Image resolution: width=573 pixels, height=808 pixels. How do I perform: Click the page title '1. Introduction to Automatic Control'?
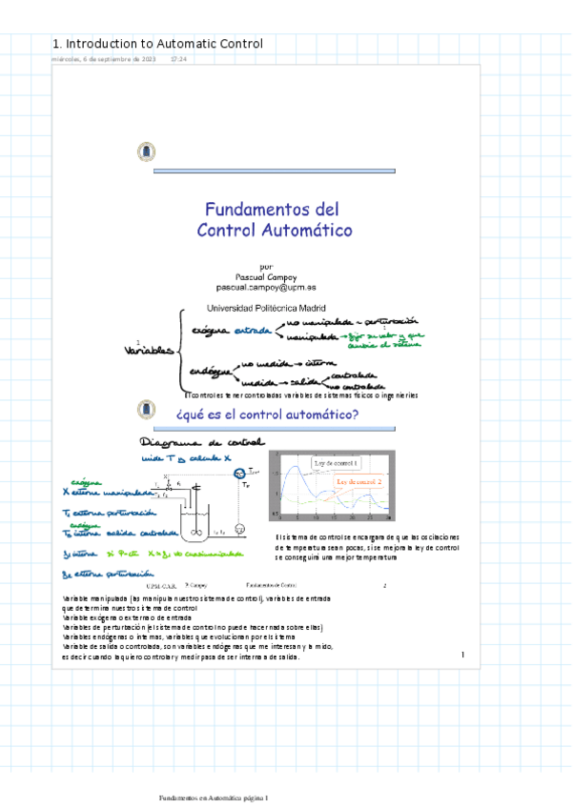pos(157,44)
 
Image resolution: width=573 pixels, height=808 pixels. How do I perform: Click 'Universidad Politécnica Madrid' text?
pos(266,308)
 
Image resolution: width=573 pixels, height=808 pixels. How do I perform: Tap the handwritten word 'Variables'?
pos(148,351)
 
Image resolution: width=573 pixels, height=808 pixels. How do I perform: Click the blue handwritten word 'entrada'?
pos(253,330)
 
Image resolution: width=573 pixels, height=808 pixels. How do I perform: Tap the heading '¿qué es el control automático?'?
pos(267,415)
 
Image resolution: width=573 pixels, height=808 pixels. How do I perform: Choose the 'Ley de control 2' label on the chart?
pos(359,482)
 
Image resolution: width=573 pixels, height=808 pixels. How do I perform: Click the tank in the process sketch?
pos(198,518)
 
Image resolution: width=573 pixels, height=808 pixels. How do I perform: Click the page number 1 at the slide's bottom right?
pos(462,655)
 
